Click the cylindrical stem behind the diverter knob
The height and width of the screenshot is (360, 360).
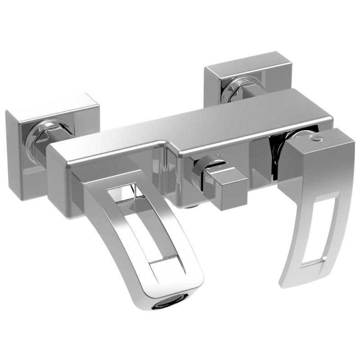[x=202, y=171]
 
